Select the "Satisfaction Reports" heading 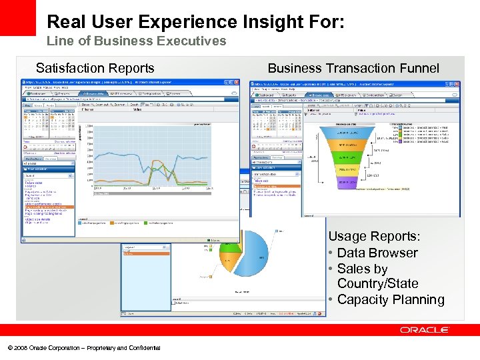click(x=95, y=68)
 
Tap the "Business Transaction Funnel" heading click(x=353, y=68)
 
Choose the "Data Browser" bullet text click(x=377, y=253)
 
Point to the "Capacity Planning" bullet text click(x=391, y=299)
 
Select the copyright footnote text click(x=83, y=347)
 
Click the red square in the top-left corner click(x=17, y=17)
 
